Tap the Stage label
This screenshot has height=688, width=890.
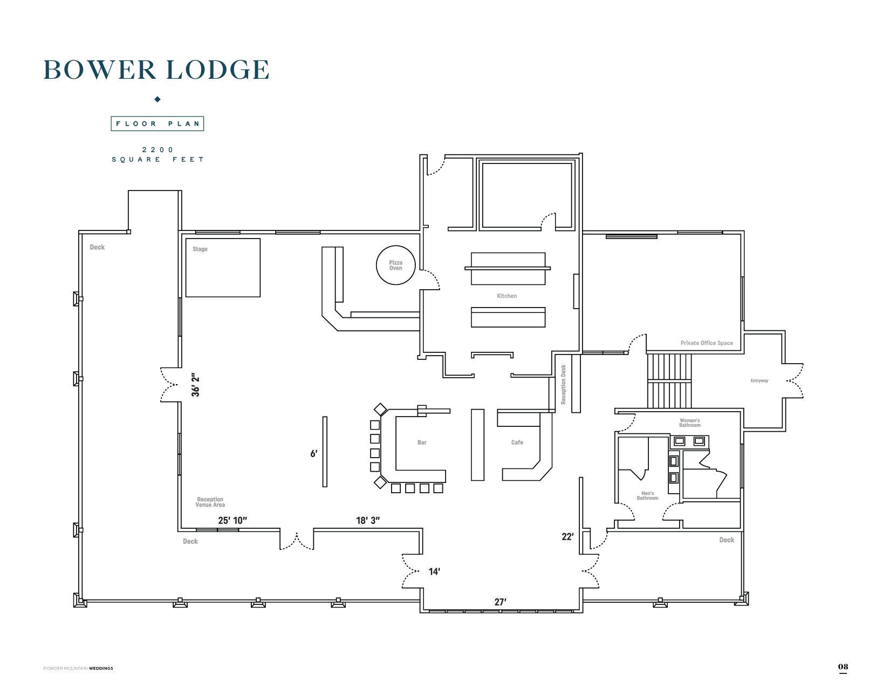tap(200, 249)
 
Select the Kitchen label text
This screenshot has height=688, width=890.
tap(506, 296)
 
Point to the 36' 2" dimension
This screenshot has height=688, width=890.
tap(195, 385)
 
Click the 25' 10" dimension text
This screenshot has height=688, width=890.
tap(232, 520)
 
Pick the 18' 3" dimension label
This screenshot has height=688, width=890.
tap(368, 520)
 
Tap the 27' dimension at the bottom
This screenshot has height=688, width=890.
tap(500, 602)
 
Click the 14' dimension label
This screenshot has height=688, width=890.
tap(434, 571)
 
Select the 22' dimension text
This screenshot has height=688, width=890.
tap(567, 537)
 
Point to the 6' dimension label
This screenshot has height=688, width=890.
tap(314, 454)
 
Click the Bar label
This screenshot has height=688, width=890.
tap(422, 442)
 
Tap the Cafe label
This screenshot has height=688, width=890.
tap(517, 442)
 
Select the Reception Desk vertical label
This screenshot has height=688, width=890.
tap(563, 384)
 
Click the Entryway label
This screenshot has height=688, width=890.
tap(759, 380)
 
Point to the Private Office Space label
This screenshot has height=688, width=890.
tap(707, 343)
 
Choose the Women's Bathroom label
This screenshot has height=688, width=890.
tap(690, 423)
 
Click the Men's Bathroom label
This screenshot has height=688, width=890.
tap(647, 496)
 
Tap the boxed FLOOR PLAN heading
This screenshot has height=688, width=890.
tap(158, 124)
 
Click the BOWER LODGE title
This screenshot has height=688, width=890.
tap(156, 70)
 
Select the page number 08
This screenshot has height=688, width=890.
tap(843, 667)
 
